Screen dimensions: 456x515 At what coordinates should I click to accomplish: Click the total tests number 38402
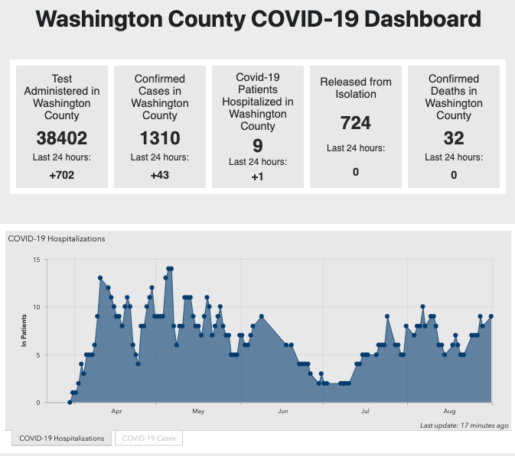click(62, 138)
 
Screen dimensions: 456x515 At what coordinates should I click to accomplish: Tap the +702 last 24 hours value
click(62, 175)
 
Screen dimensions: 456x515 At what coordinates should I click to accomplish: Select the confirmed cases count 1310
click(160, 138)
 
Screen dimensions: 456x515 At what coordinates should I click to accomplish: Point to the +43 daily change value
click(160, 175)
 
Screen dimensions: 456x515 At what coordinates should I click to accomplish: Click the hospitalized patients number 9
click(258, 145)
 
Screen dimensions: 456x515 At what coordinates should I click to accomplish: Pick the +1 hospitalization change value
click(258, 177)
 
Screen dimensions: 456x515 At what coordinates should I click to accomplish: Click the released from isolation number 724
click(356, 123)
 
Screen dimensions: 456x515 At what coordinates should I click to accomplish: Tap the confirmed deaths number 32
click(454, 138)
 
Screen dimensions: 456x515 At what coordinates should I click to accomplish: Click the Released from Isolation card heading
click(356, 88)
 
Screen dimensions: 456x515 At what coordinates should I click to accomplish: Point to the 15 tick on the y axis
click(36, 260)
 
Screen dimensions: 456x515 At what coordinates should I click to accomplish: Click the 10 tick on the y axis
click(36, 307)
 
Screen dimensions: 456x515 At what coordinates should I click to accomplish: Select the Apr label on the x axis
click(116, 412)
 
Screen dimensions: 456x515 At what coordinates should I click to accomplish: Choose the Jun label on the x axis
click(282, 412)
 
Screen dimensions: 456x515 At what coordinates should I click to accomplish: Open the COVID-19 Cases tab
click(148, 438)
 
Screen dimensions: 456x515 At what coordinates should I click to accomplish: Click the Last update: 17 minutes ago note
click(464, 425)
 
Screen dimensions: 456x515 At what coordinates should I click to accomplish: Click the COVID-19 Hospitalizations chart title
click(57, 238)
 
